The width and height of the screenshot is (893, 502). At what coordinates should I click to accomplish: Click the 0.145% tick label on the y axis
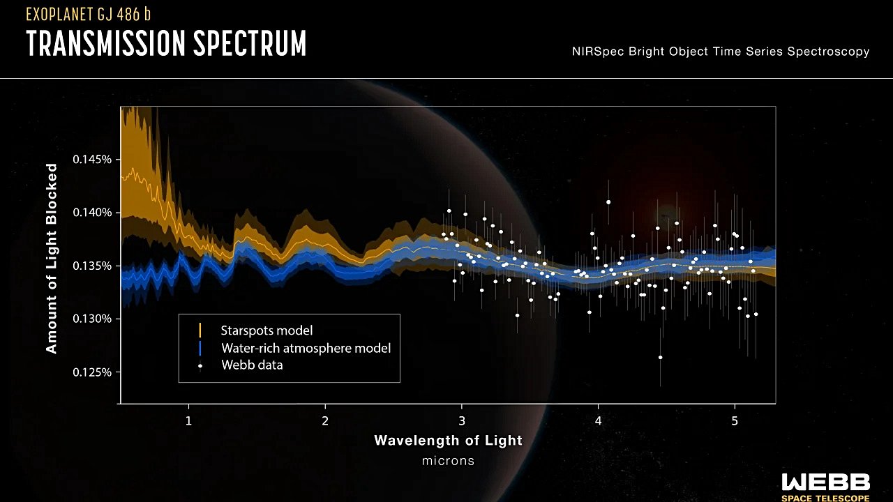pyautogui.click(x=92, y=160)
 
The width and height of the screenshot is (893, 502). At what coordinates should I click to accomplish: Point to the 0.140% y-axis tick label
pyautogui.click(x=92, y=213)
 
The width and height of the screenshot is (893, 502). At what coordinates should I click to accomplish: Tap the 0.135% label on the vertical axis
pyautogui.click(x=92, y=266)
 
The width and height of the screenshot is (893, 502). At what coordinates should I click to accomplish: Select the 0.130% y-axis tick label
pyautogui.click(x=92, y=319)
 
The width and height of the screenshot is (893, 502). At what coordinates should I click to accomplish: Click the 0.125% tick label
pyautogui.click(x=92, y=372)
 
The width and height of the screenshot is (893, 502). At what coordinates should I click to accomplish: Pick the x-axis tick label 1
pyautogui.click(x=188, y=420)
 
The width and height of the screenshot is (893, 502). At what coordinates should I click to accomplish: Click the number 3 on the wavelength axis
pyautogui.click(x=462, y=420)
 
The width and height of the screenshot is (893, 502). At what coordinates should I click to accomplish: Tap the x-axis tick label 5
pyautogui.click(x=735, y=420)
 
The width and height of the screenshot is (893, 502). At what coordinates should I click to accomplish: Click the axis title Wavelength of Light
pyautogui.click(x=448, y=440)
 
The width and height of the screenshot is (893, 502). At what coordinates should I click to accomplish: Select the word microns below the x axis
pyautogui.click(x=448, y=461)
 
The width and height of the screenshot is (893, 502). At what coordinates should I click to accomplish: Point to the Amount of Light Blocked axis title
pyautogui.click(x=52, y=259)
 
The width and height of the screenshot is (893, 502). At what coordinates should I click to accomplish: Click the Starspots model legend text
pyautogui.click(x=267, y=330)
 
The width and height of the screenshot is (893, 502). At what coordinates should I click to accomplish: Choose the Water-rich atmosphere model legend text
pyautogui.click(x=306, y=348)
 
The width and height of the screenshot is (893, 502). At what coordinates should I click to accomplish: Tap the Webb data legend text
pyautogui.click(x=252, y=365)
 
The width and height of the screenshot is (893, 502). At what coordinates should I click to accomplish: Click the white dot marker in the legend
pyautogui.click(x=200, y=365)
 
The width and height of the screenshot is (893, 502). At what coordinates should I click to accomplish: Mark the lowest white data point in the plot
pyautogui.click(x=660, y=358)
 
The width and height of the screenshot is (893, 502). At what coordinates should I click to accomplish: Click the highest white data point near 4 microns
pyautogui.click(x=608, y=202)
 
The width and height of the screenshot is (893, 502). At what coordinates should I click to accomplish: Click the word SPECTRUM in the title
pyautogui.click(x=250, y=43)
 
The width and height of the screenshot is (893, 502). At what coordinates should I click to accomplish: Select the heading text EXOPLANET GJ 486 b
pyautogui.click(x=89, y=15)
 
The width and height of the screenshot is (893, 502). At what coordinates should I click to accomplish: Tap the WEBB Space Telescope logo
pyautogui.click(x=825, y=487)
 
